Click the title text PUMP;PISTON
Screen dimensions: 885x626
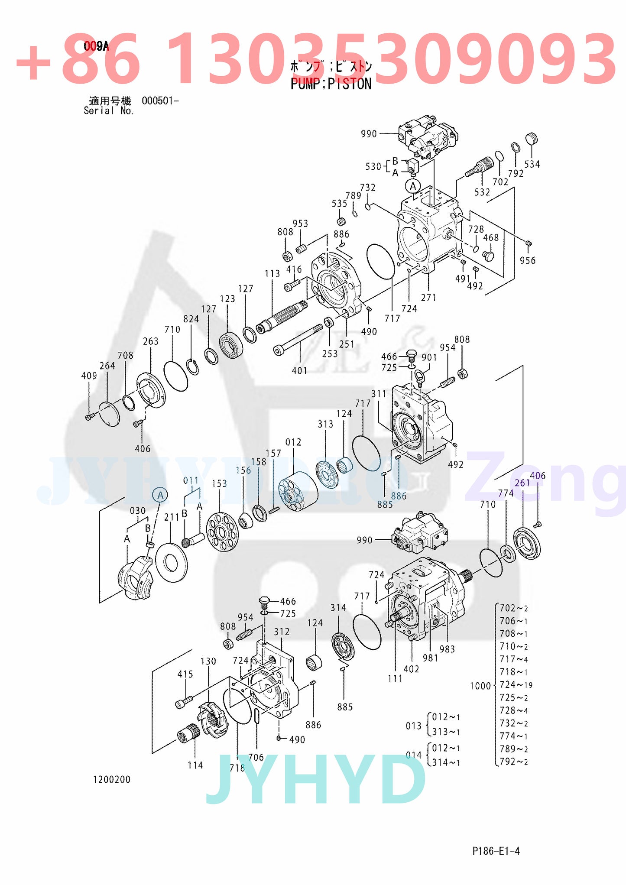click(x=331, y=84)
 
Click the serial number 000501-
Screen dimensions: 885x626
click(x=160, y=101)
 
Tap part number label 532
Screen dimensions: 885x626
click(x=482, y=192)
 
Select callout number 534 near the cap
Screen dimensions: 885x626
click(x=532, y=164)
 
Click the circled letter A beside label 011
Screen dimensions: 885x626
click(x=160, y=495)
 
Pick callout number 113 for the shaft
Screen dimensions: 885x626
click(x=272, y=274)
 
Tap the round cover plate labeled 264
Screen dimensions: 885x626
click(x=109, y=414)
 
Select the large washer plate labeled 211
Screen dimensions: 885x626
click(x=171, y=562)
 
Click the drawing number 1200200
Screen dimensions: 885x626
click(x=111, y=780)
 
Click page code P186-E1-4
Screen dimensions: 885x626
click(x=496, y=851)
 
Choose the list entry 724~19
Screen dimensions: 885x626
click(x=516, y=685)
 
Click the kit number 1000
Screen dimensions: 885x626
click(x=480, y=686)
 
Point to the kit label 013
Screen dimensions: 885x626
click(x=413, y=726)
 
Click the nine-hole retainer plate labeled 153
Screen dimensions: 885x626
click(x=222, y=532)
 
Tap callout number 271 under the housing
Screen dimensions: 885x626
click(x=428, y=298)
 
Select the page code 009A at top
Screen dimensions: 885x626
click(x=96, y=46)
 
